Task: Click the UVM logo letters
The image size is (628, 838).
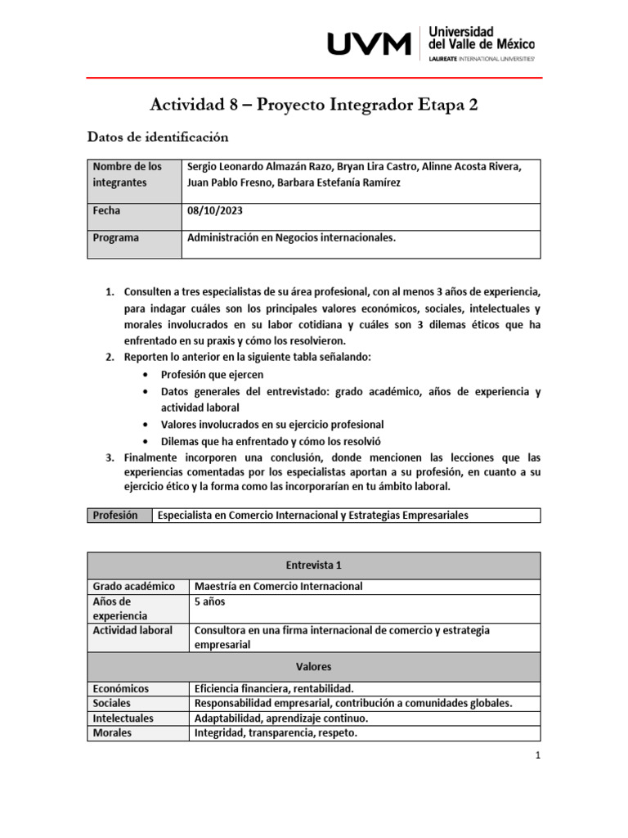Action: click(x=369, y=43)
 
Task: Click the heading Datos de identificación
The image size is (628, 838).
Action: click(x=158, y=137)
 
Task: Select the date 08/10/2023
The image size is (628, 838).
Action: click(x=215, y=210)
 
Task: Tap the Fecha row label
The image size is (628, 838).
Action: click(x=107, y=210)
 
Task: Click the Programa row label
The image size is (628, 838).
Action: click(x=116, y=237)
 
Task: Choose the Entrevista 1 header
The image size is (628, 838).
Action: click(x=313, y=565)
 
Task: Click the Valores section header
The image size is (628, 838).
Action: click(x=313, y=666)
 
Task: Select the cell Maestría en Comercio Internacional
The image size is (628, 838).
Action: click(x=278, y=586)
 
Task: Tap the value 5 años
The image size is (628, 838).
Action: click(x=209, y=601)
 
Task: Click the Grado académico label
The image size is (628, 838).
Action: click(x=134, y=586)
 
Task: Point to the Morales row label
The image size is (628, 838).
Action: click(x=112, y=733)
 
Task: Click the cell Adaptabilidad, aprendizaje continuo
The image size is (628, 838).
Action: click(x=281, y=718)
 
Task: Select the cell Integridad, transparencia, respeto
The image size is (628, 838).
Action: click(x=276, y=733)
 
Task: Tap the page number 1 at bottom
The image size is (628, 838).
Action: click(x=537, y=756)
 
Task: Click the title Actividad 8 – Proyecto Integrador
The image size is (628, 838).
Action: click(x=314, y=104)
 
